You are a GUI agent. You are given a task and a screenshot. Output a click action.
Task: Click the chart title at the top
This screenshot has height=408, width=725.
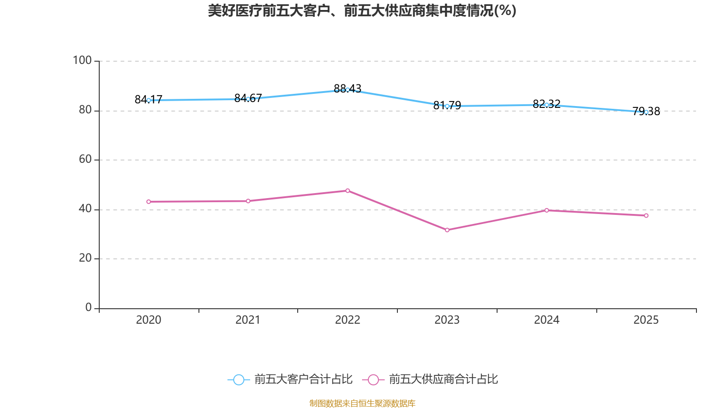362,10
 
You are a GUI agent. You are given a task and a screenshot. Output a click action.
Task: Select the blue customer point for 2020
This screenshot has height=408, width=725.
149,100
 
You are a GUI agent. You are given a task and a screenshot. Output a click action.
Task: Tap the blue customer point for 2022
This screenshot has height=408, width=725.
348,90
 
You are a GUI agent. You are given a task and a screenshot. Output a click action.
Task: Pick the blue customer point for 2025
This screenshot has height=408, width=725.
646,112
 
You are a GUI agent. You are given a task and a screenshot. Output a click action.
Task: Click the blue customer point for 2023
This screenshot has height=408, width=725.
447,106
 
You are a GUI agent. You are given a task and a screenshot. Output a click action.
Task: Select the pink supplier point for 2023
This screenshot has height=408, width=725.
447,230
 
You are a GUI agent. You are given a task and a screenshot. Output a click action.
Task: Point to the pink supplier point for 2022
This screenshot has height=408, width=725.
348,191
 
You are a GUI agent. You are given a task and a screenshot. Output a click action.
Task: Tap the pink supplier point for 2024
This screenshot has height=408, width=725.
546,210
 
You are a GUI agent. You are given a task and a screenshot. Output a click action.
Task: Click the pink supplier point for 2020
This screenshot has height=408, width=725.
149,202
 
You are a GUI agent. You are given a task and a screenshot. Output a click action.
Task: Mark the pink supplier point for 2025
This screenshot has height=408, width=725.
646,216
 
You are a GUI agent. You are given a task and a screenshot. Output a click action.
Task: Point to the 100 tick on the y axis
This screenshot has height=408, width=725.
82,60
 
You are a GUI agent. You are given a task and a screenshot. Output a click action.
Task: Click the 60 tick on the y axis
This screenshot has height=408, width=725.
85,159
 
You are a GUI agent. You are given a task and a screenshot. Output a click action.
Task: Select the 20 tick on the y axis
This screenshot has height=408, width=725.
85,258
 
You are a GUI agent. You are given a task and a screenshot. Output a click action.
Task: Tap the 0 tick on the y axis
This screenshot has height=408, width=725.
88,307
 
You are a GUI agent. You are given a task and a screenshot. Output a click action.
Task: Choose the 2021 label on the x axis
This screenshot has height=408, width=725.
248,320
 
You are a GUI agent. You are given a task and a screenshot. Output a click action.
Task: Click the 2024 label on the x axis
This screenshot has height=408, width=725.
546,320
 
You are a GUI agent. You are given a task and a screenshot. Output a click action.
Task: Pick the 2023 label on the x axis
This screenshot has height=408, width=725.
447,320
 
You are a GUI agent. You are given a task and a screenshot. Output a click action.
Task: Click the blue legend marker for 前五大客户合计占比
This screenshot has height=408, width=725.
238,380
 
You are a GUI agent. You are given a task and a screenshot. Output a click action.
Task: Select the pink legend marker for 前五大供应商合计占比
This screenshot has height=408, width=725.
373,380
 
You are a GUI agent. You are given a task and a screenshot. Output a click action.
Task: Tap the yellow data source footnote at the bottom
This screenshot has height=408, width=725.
362,403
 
